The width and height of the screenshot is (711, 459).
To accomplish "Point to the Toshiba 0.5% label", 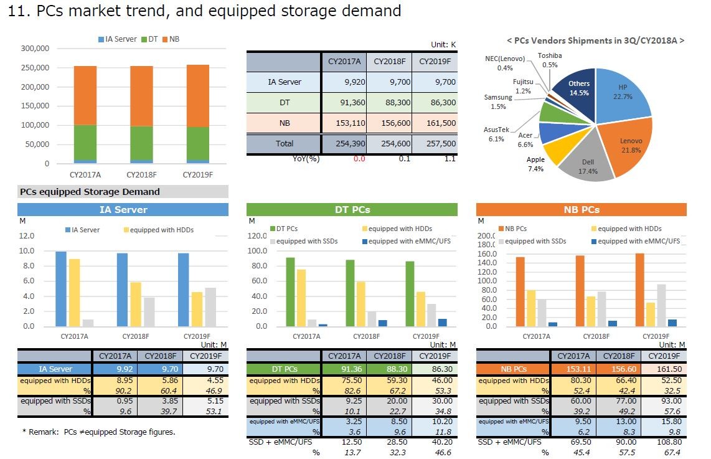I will [550, 60].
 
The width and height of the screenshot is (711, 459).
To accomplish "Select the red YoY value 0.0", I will [359, 159].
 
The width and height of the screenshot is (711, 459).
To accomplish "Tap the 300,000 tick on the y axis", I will [35, 48].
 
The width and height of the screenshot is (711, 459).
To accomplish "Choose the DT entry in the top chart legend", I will [152, 39].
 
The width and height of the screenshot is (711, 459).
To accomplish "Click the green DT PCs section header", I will [352, 210].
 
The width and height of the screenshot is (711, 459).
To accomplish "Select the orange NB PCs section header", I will [581, 210].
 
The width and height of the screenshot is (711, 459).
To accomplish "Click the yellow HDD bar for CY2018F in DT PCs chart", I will [361, 304].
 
